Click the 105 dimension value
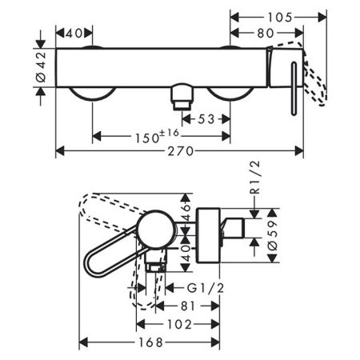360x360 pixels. [x=280, y=18]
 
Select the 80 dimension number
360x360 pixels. [x=266, y=33]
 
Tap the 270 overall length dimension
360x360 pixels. [x=181, y=151]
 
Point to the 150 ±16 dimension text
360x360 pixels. [x=157, y=136]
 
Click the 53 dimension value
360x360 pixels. [x=206, y=119]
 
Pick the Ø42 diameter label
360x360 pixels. [x=41, y=67]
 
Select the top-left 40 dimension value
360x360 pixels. [x=74, y=34]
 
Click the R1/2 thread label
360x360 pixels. [x=255, y=178]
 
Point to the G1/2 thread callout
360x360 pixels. [x=206, y=288]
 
